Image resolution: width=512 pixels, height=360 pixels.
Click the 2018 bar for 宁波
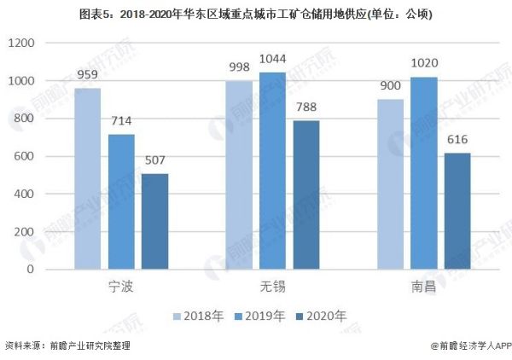coord(87,178)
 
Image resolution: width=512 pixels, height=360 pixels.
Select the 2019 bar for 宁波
coord(121,201)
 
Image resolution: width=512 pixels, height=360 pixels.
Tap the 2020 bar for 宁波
coord(154,221)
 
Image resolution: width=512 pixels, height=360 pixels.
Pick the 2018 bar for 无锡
coord(239,175)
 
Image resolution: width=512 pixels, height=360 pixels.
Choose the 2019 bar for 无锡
coord(272,171)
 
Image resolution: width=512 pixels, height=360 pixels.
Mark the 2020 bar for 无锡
coord(305,195)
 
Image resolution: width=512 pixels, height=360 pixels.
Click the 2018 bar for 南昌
coord(390,184)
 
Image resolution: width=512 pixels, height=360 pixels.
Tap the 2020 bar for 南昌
coord(457,211)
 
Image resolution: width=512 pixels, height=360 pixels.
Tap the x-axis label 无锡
coord(272,287)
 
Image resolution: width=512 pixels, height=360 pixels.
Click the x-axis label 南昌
coord(423,287)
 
